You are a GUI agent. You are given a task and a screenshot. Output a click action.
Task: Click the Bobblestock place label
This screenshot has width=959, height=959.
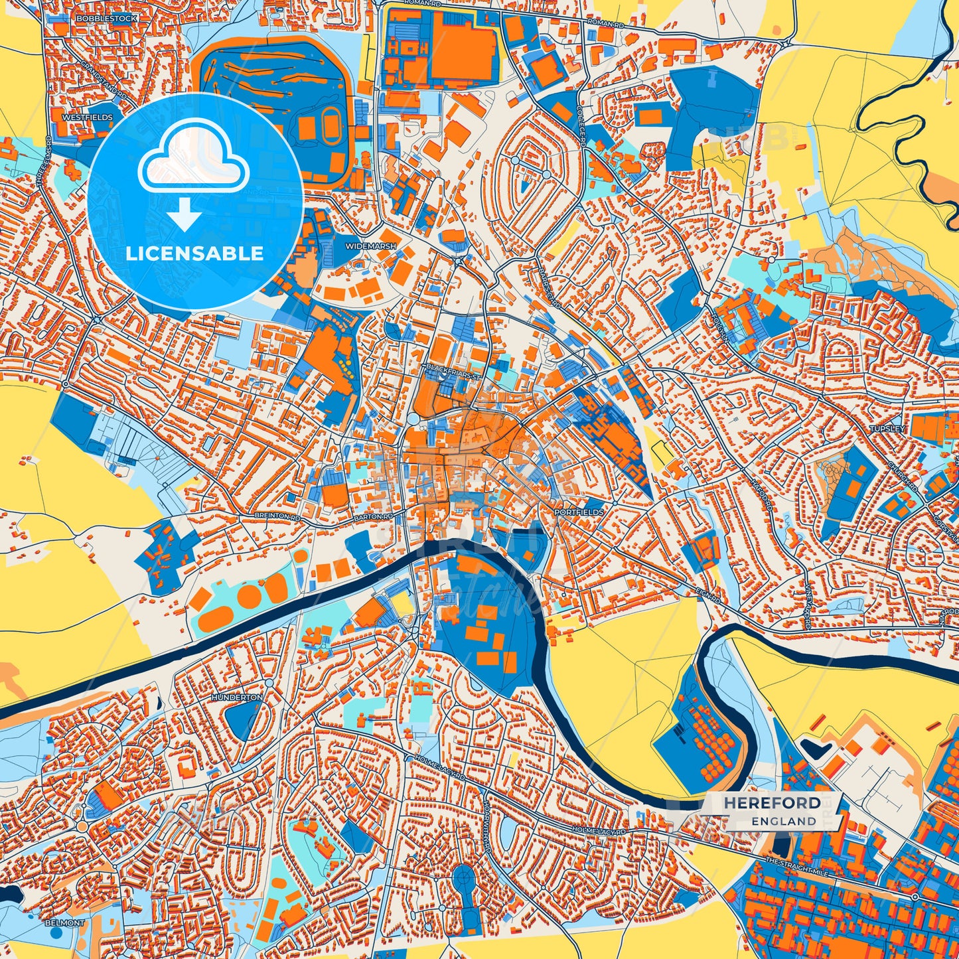coord(106,19)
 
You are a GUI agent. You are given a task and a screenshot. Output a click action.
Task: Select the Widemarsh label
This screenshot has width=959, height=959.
coord(370,246)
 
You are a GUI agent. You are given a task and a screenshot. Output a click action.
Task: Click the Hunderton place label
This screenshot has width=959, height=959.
coord(237,698)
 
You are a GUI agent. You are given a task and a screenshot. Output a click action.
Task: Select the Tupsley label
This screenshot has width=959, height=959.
coord(887,429)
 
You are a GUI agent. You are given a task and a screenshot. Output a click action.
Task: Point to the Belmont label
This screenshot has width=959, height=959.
coord(65,923)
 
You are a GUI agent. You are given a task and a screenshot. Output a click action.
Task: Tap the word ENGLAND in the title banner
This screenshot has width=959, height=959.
coord(784,821)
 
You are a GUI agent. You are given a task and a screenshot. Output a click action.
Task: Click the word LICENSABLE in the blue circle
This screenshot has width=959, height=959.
coord(194,254)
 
